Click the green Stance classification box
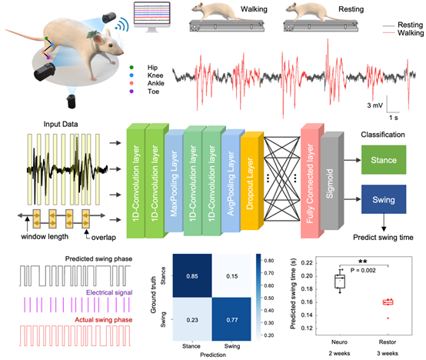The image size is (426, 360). [384, 160]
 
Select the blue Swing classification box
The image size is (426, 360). [384, 199]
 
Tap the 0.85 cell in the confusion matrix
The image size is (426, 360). [192, 276]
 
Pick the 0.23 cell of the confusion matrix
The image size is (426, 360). [192, 319]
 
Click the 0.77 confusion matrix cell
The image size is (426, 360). [231, 319]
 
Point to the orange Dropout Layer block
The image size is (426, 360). [252, 181]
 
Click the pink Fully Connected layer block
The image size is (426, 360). [312, 181]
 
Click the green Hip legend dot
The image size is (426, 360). [131, 68]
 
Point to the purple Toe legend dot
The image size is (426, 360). [131, 92]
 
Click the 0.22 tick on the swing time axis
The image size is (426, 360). [307, 263]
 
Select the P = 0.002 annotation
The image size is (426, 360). [363, 270]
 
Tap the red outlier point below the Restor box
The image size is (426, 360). [388, 318]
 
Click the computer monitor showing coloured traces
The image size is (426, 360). [152, 17]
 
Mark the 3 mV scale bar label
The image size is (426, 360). [375, 105]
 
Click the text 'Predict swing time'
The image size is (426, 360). [383, 238]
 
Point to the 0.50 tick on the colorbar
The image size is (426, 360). [269, 298]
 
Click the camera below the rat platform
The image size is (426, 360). [72, 101]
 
